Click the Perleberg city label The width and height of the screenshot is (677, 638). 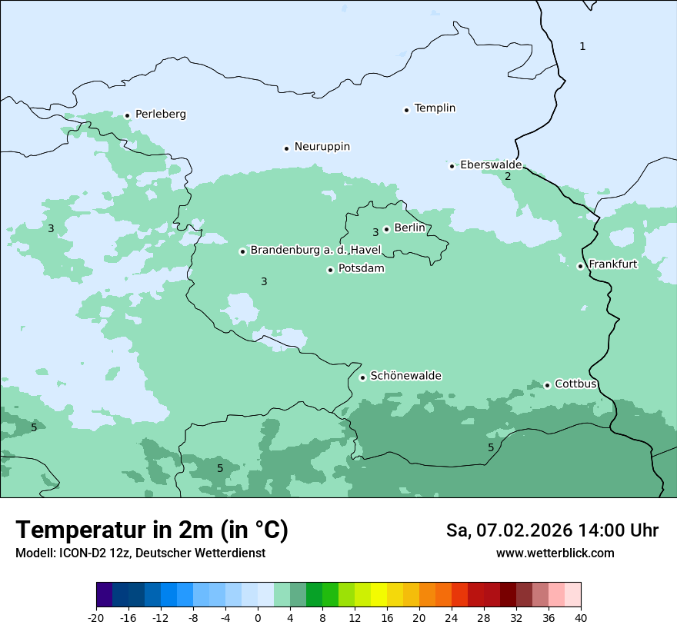tap(160, 115)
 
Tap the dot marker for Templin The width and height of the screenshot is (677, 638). tap(406, 110)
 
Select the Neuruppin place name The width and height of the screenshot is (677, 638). tap(322, 147)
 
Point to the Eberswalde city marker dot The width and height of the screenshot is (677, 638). tap(452, 166)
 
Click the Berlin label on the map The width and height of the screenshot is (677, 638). tap(409, 228)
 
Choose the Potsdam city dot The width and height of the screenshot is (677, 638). tap(330, 270)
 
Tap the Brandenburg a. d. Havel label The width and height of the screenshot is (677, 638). tap(315, 251)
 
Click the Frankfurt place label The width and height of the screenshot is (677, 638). tap(612, 264)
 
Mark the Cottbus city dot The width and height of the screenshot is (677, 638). tap(547, 385)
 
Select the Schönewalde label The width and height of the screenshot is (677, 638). tap(405, 376)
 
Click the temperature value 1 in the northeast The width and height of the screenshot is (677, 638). tap(582, 47)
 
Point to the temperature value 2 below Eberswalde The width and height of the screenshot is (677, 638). tap(507, 177)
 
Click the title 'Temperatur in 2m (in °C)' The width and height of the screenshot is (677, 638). tap(152, 530)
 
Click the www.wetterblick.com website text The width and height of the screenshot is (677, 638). tap(555, 553)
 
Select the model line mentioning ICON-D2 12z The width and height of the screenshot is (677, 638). tap(140, 553)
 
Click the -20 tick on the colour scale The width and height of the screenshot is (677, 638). tap(96, 617)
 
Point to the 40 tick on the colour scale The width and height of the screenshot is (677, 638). tap(581, 617)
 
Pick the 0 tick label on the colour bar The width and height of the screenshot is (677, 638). tap(258, 617)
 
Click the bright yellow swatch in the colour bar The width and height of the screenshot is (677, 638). tap(379, 595)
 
